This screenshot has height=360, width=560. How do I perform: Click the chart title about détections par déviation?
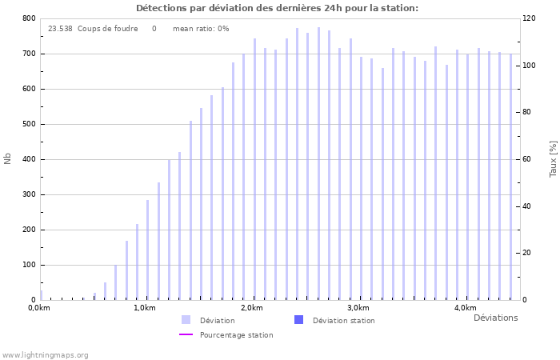click(277, 8)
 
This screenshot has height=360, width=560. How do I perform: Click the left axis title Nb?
click(8, 158)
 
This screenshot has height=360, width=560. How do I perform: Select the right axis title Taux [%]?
click(553, 158)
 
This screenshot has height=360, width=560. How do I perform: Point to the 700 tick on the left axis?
click(28, 54)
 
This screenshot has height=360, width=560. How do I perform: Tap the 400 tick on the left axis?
click(28, 159)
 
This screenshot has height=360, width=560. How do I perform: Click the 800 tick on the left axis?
click(28, 18)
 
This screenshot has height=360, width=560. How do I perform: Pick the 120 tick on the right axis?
click(529, 18)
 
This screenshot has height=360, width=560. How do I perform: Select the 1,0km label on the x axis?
click(144, 308)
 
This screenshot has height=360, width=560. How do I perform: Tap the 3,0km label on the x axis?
click(358, 308)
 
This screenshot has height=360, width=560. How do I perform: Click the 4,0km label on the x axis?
click(465, 308)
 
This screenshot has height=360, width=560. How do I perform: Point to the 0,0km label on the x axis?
click(38, 308)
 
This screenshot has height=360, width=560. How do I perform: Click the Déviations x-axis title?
click(495, 318)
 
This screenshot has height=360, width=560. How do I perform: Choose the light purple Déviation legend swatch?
click(186, 320)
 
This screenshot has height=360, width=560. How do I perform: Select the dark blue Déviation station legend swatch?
click(299, 320)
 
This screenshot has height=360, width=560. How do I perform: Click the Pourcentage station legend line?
click(186, 334)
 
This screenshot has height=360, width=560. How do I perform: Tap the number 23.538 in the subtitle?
click(60, 29)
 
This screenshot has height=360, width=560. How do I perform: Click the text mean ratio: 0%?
click(201, 29)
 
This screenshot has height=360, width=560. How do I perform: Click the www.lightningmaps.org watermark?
click(45, 354)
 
